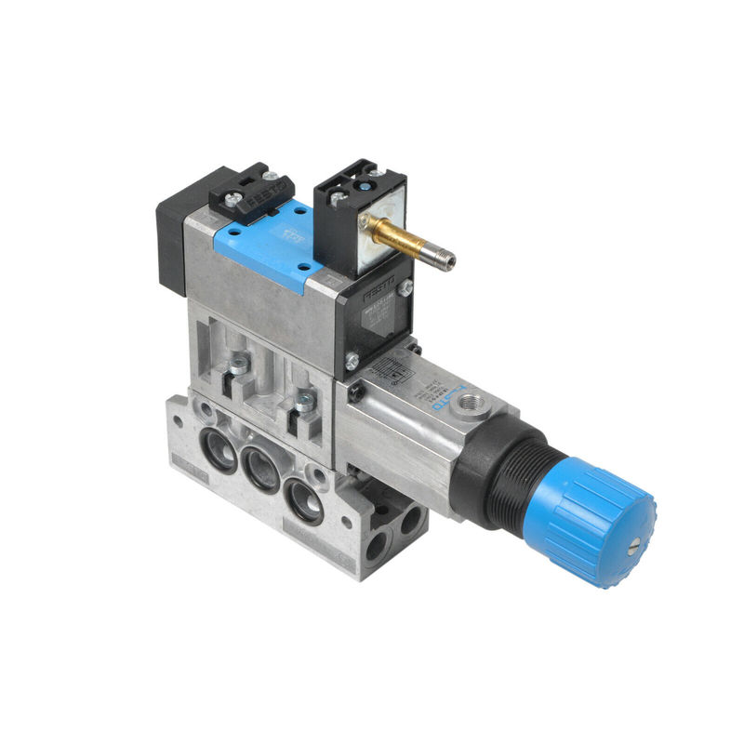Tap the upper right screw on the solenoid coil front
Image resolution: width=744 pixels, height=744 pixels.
(x=406, y=290)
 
